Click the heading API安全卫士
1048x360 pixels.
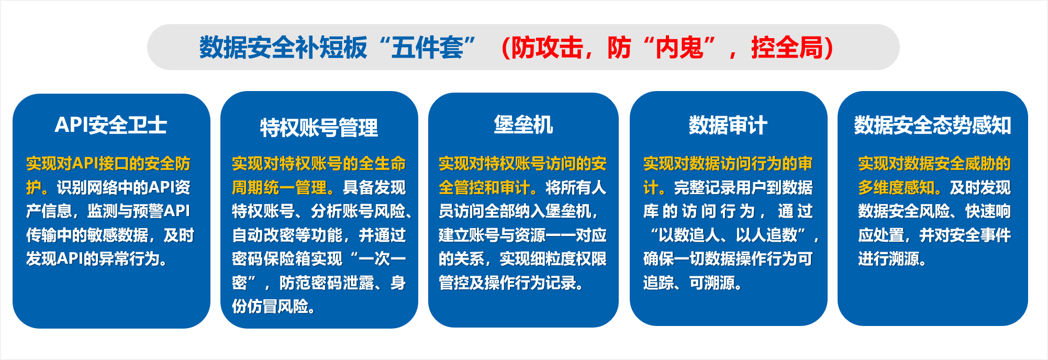(111, 125)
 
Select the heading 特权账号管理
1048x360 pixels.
(319, 128)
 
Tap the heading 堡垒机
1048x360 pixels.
(523, 125)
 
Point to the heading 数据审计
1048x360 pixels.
(728, 126)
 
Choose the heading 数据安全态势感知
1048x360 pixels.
(933, 126)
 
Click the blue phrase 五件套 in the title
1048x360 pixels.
(427, 48)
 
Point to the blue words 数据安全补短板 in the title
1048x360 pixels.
(283, 48)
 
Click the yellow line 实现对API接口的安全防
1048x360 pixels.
(108, 163)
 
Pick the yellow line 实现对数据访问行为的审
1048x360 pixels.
(728, 163)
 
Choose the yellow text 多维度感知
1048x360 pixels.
(896, 187)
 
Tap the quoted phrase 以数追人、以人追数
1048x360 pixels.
(728, 235)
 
